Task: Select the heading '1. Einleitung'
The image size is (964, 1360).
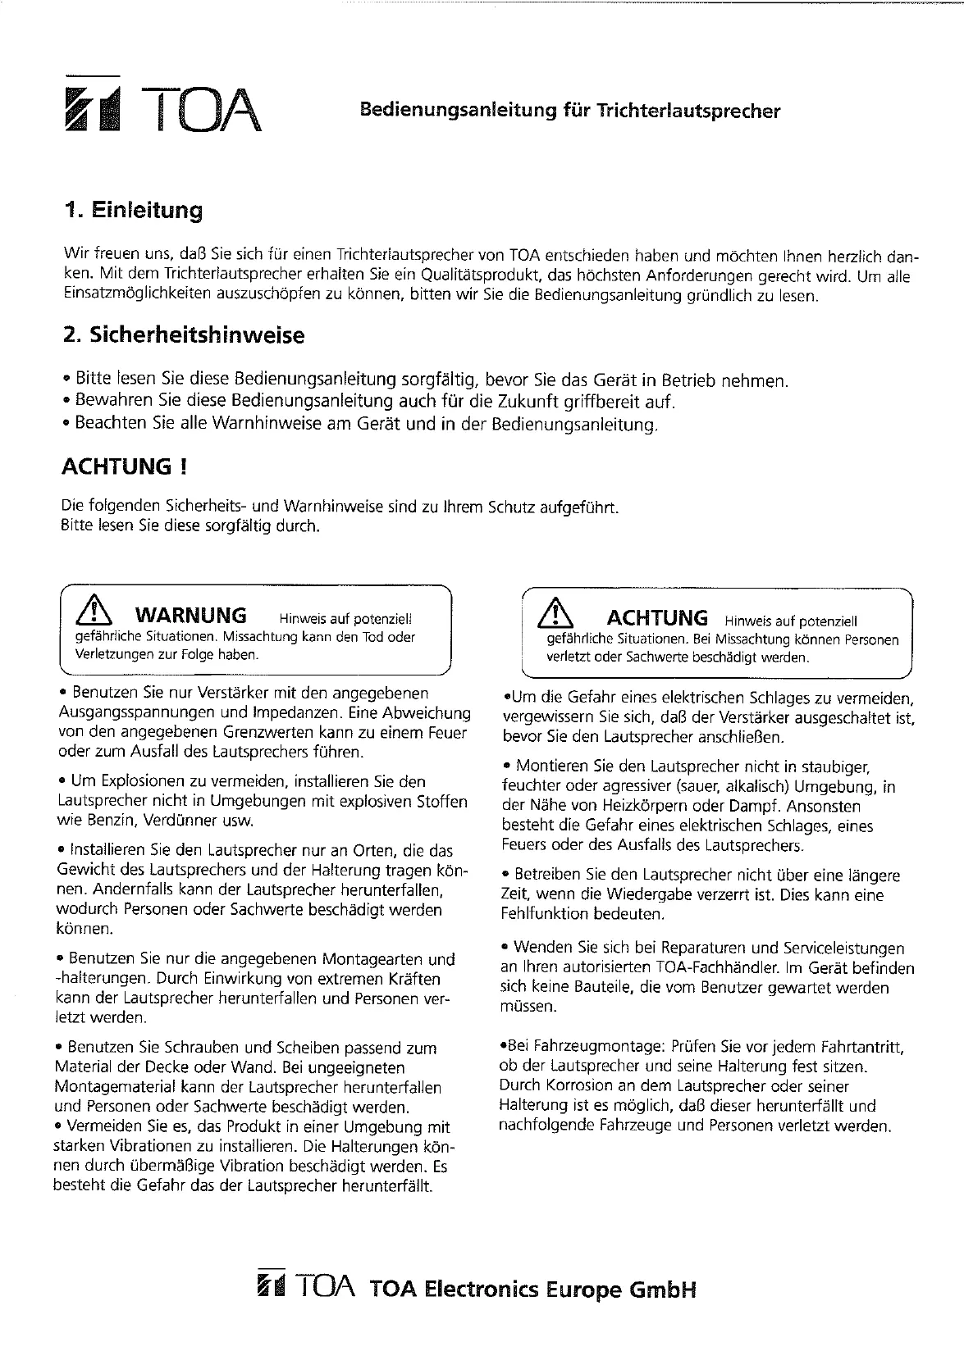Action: pyautogui.click(x=134, y=211)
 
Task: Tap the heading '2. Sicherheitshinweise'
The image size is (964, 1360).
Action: pyautogui.click(x=184, y=335)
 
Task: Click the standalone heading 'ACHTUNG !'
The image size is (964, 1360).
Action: pyautogui.click(x=125, y=467)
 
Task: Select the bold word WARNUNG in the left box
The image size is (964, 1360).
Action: pyautogui.click(x=190, y=615)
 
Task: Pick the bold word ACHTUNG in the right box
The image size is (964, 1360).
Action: pyautogui.click(x=656, y=618)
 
